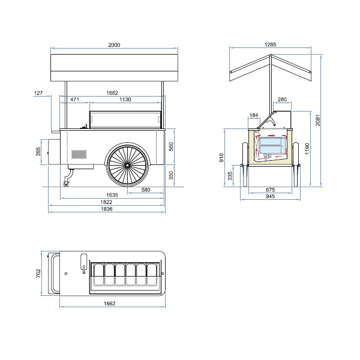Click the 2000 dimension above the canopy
[114, 45]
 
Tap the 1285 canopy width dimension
[270, 44]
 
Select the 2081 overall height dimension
[317, 120]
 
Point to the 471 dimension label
[74, 100]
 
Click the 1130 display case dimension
[125, 100]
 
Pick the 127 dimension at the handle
[38, 93]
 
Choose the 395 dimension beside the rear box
[38, 152]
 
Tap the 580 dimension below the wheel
[146, 190]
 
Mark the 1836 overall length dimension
[107, 209]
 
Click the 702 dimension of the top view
[38, 273]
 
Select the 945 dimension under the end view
[270, 196]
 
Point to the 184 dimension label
[254, 115]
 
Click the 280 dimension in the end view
[282, 100]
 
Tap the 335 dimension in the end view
[230, 176]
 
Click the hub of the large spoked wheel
[127, 165]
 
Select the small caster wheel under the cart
[67, 184]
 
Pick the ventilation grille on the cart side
[79, 154]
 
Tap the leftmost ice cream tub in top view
[99, 275]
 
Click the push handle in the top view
[53, 273]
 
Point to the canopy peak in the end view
[271, 55]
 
